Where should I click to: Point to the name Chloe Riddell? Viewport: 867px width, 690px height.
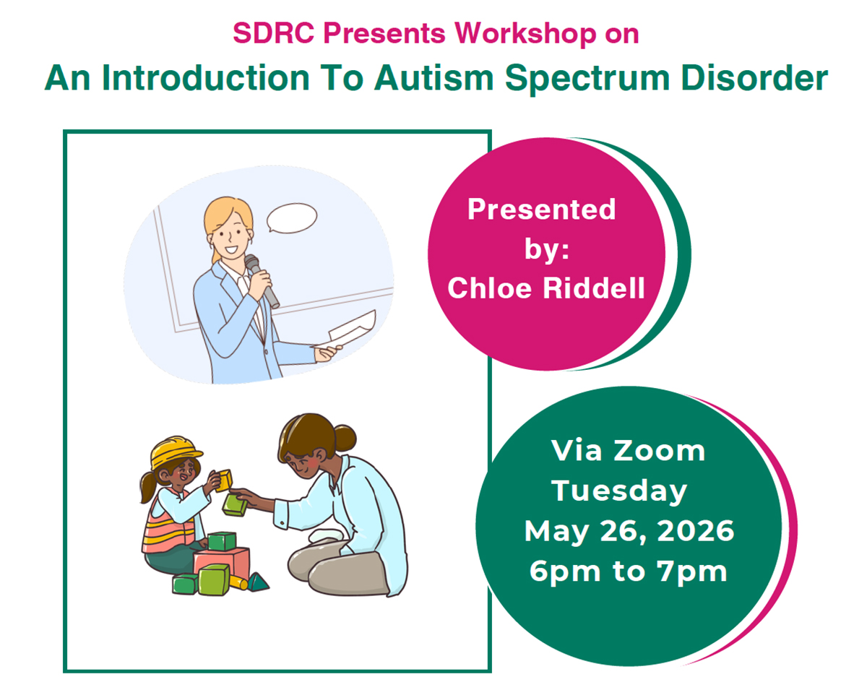(x=545, y=288)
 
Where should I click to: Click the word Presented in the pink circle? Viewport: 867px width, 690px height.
(x=541, y=210)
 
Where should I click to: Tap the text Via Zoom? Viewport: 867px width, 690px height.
(x=628, y=450)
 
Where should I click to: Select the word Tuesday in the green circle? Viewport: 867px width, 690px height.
(x=619, y=491)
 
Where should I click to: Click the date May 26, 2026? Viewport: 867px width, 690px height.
(x=629, y=531)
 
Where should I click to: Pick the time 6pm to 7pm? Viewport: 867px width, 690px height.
(x=628, y=571)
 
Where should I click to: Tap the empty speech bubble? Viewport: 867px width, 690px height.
(x=291, y=218)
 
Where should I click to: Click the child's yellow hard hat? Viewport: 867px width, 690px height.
(x=174, y=452)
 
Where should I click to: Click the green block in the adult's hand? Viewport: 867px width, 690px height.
(x=235, y=504)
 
